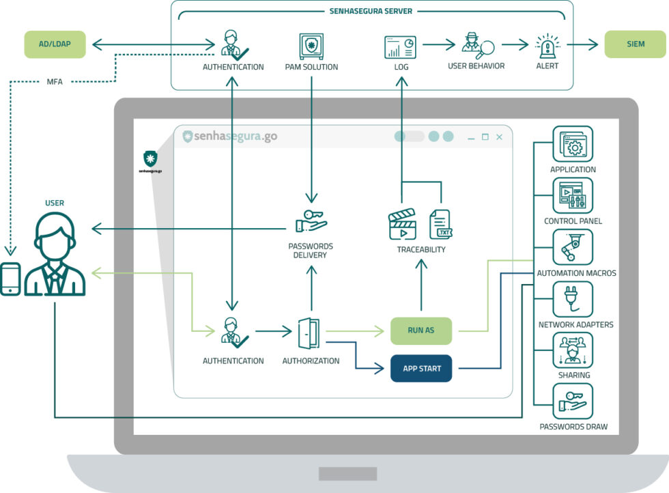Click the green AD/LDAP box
click(55, 44)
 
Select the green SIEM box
click(636, 44)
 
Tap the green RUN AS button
click(421, 330)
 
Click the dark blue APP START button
click(421, 368)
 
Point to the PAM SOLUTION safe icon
click(311, 46)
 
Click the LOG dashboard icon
click(400, 47)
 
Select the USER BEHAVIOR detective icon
click(478, 45)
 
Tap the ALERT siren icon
click(547, 46)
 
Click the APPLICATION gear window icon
click(573, 144)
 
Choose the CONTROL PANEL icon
click(573, 195)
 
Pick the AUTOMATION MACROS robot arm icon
click(573, 247)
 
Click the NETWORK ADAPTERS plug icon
click(573, 299)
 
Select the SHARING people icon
click(573, 350)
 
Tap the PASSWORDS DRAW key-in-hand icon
click(573, 402)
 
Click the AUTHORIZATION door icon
click(309, 333)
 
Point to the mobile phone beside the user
click(10, 279)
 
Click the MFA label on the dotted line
click(55, 81)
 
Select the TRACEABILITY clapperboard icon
click(402, 224)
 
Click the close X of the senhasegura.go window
click(499, 137)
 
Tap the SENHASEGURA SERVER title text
click(371, 11)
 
